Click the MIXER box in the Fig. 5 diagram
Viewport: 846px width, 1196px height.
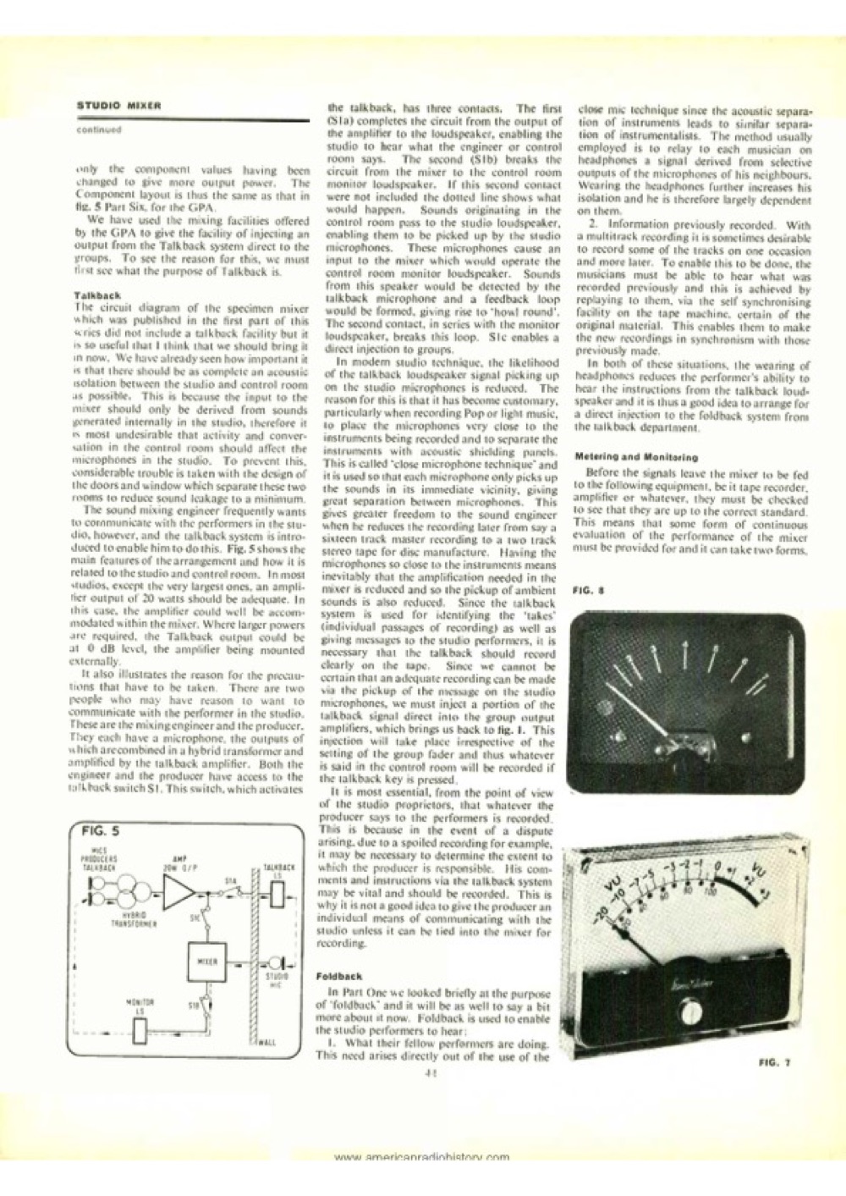coord(206,962)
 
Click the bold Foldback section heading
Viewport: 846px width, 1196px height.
coord(338,975)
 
